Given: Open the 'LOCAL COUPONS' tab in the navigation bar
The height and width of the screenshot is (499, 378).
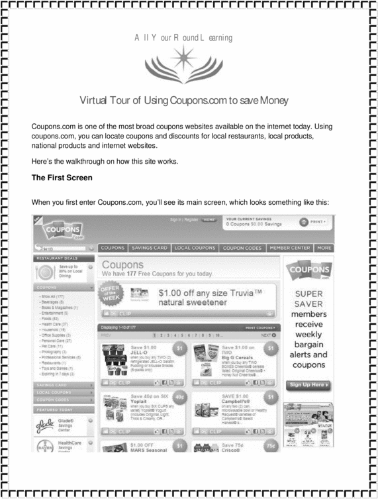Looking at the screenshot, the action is (195, 248).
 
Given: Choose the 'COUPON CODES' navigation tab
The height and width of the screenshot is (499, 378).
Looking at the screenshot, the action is (242, 248).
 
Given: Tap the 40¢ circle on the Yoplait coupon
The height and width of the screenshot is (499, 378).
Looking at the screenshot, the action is (181, 397).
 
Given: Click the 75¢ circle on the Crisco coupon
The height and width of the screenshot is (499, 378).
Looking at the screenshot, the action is (270, 446).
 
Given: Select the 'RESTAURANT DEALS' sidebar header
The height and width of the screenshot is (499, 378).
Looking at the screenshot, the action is (58, 258).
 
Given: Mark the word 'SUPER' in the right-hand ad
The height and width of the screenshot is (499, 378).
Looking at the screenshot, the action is (308, 294).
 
